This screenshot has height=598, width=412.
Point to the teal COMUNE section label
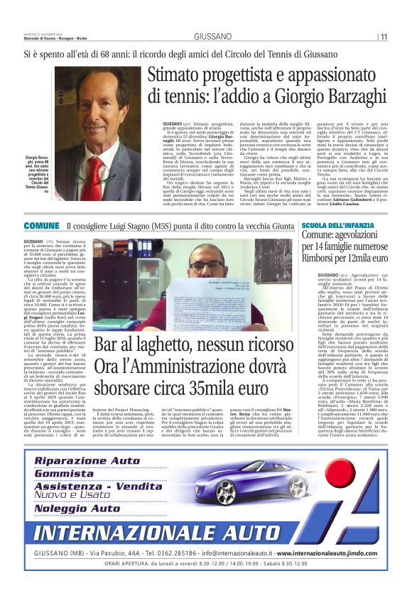pyautogui.click(x=41, y=226)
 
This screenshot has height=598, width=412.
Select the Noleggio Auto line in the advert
pyautogui.click(x=77, y=509)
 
